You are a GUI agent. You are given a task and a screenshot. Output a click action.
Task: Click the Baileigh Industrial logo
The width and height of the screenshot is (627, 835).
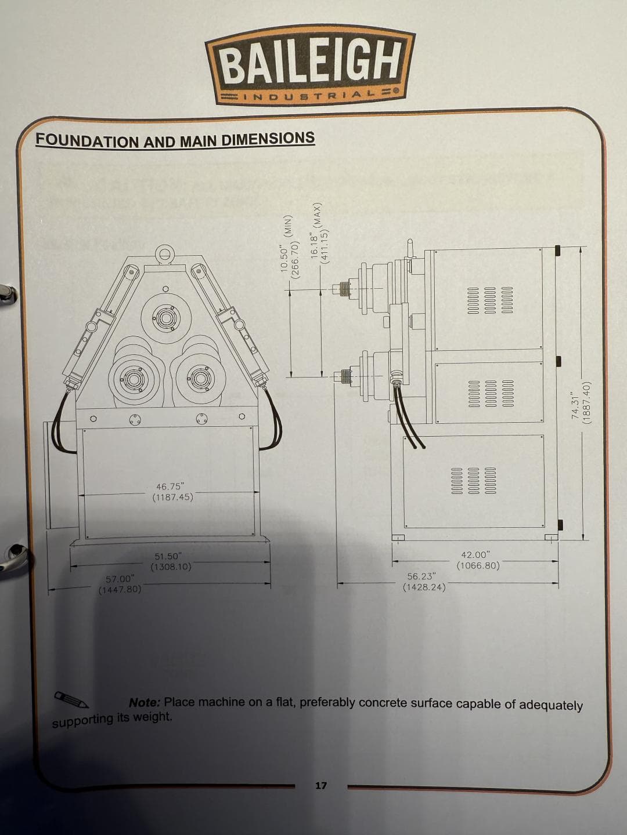(x=310, y=65)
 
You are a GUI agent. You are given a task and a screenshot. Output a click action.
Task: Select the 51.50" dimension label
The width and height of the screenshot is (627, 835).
(x=171, y=561)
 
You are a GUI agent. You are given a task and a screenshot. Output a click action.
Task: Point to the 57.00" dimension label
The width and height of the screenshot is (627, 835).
(x=120, y=584)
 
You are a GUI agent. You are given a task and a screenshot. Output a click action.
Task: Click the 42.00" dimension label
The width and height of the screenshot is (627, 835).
(x=478, y=560)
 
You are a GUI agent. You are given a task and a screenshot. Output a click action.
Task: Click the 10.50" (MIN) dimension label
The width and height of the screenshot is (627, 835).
(x=291, y=248)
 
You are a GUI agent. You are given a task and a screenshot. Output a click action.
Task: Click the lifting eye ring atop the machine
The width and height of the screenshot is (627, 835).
(x=165, y=253)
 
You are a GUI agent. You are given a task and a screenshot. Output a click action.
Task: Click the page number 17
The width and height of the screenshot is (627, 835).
(x=321, y=785)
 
